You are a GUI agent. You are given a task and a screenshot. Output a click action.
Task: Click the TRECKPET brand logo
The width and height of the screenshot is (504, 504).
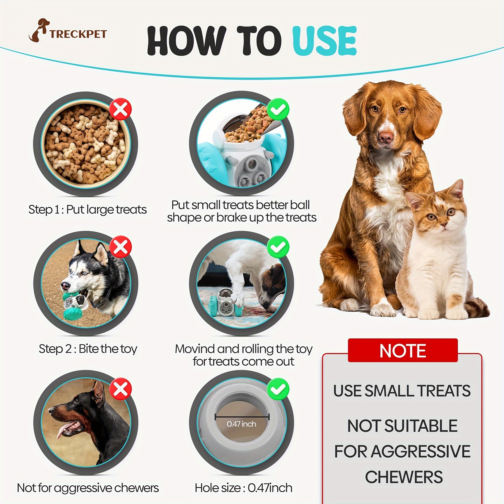(68, 31)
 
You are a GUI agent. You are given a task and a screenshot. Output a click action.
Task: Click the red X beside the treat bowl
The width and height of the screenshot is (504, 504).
(120, 109)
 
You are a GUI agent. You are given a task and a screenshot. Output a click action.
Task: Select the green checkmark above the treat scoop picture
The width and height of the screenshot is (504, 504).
(278, 109)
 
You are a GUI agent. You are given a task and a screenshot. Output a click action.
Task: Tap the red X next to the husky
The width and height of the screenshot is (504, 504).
(120, 246)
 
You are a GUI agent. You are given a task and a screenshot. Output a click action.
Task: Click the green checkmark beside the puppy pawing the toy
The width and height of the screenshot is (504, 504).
(278, 246)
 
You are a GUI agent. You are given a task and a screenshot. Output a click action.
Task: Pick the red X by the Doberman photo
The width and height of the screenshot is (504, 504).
(120, 389)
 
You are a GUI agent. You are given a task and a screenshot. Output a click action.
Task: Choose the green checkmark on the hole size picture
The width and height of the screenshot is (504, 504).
(278, 389)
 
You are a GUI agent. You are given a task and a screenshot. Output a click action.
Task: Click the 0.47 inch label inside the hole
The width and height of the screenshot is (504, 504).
(241, 424)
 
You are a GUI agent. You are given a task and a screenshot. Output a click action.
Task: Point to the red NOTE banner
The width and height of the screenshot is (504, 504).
(403, 350)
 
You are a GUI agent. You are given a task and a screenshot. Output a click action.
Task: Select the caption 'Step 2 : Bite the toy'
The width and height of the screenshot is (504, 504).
(88, 349)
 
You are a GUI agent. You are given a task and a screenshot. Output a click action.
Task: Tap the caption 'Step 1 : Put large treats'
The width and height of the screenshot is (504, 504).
(87, 209)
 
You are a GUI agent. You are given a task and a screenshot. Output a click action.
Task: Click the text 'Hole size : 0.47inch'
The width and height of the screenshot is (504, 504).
(243, 488)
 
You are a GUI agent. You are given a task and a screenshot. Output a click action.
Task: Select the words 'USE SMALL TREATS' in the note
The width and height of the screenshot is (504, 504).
(402, 391)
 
